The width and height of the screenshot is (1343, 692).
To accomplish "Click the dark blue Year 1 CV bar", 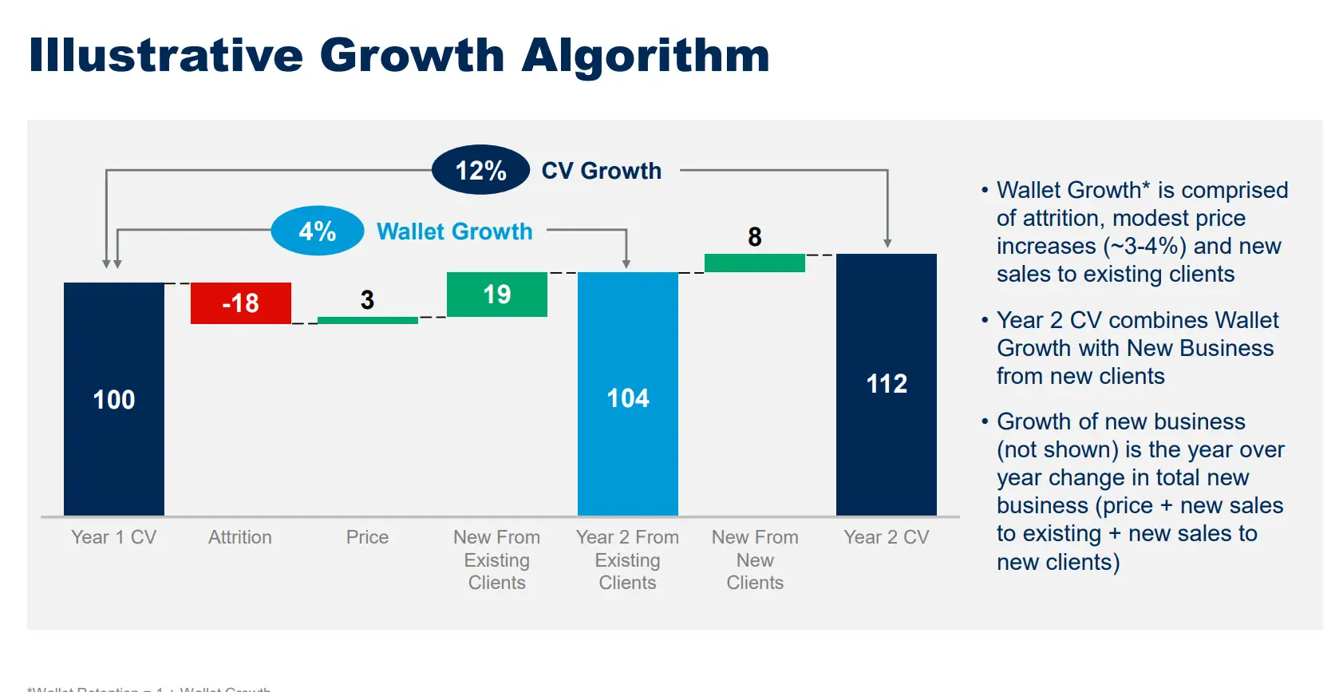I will tap(114, 398).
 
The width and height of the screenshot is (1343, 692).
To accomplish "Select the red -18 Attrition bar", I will tap(240, 303).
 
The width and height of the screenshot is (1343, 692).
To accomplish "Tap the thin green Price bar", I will tap(367, 320).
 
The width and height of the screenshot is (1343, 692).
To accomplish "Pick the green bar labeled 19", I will tap(496, 295).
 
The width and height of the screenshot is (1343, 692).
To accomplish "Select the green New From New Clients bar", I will tap(754, 263).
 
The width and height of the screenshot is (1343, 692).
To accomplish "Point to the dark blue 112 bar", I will tap(886, 384).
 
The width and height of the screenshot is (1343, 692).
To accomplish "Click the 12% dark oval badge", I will tap(480, 170).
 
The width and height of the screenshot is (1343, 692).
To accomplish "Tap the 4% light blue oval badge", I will tap(318, 231).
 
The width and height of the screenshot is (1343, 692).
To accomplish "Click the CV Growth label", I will tap(601, 171).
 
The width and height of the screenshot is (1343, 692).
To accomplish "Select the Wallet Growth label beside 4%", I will tap(454, 231).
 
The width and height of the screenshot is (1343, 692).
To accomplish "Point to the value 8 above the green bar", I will tap(755, 237).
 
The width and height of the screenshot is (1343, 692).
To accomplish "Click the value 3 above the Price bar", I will tap(367, 300).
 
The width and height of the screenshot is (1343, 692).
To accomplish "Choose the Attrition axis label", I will tap(240, 537).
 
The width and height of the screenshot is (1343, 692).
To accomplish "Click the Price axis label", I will tap(367, 537).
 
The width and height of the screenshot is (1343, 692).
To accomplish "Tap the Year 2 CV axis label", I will tap(886, 537).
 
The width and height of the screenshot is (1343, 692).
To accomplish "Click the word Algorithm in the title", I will tap(645, 56).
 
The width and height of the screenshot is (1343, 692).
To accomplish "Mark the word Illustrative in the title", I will tap(166, 56).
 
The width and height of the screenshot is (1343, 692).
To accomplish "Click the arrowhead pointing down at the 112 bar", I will tap(887, 243).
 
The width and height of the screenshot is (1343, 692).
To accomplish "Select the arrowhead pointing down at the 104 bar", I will tap(626, 263).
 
